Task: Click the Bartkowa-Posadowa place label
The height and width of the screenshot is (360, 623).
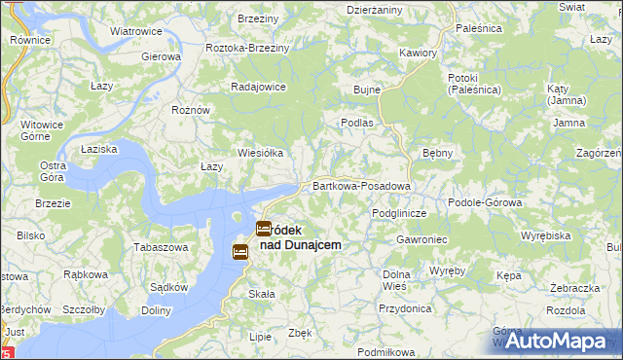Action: tap(361, 185)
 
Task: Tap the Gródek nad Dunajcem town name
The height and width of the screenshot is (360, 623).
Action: tap(302, 237)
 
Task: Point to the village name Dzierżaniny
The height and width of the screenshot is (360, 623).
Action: tap(375, 9)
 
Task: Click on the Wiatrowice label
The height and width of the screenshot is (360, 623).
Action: tap(135, 31)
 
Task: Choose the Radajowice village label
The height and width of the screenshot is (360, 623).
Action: tap(257, 86)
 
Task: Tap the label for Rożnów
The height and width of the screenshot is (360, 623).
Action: tap(191, 110)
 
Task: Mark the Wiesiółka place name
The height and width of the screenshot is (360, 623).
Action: tap(260, 153)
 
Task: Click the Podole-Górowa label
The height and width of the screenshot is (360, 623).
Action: tap(485, 201)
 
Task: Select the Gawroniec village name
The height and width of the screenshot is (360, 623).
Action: tap(421, 239)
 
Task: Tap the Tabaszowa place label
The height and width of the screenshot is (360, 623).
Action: tap(160, 247)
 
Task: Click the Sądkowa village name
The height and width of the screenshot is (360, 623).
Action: tap(169, 287)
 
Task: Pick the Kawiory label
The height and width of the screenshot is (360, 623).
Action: tap(418, 53)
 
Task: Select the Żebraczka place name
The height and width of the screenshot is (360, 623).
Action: tap(573, 289)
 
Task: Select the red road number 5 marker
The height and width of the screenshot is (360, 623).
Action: tap(7, 352)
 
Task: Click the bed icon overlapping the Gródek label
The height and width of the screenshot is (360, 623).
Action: tap(264, 230)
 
